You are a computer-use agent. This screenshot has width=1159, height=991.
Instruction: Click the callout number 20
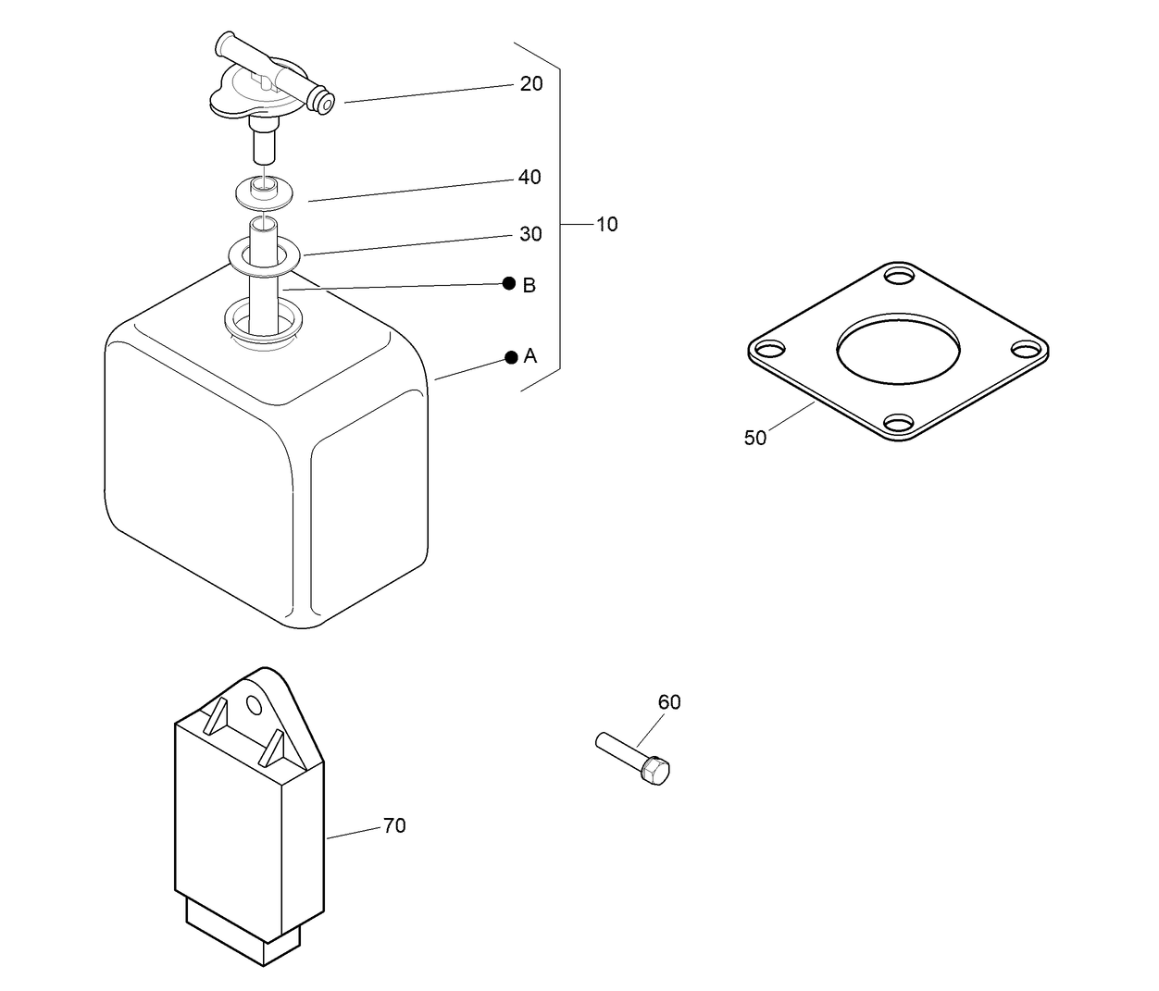530,83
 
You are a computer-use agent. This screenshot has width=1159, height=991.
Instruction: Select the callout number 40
529,177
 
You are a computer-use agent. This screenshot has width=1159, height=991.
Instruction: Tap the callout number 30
530,234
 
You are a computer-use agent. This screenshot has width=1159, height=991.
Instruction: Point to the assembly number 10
606,224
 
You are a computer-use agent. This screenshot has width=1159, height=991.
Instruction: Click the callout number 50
754,439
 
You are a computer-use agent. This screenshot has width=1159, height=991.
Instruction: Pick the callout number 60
668,702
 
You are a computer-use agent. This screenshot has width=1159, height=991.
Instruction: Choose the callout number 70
394,825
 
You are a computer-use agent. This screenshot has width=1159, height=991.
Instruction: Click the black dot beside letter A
510,357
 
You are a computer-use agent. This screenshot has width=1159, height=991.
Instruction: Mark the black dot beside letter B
508,283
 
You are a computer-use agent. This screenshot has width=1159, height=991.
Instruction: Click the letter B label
529,285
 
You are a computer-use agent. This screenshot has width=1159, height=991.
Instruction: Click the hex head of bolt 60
655,770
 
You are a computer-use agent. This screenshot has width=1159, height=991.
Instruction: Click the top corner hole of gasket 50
898,276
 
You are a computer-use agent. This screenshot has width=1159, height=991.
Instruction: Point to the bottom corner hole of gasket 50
898,424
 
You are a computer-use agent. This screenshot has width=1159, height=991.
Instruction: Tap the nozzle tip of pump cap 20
324,102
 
